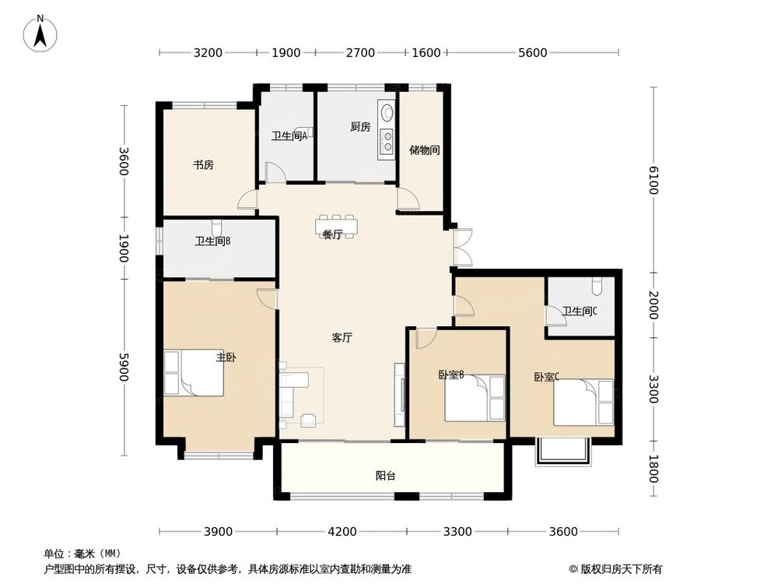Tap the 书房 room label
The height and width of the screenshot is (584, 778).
(x=204, y=165)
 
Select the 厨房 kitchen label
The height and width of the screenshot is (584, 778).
(x=359, y=127)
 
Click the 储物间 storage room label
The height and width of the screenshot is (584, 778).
(x=426, y=150)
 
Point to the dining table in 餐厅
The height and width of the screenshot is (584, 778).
(x=336, y=226)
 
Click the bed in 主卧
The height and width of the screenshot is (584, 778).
(x=194, y=373)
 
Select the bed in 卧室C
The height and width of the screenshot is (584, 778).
(x=583, y=402)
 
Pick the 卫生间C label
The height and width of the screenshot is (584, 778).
(x=580, y=311)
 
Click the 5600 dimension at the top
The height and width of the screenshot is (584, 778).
(x=533, y=53)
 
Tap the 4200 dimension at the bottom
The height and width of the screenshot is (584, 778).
(x=342, y=532)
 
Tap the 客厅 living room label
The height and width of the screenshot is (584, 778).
(x=342, y=338)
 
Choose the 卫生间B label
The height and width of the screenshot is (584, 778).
(x=212, y=241)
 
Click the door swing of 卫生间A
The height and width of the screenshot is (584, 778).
(x=275, y=172)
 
